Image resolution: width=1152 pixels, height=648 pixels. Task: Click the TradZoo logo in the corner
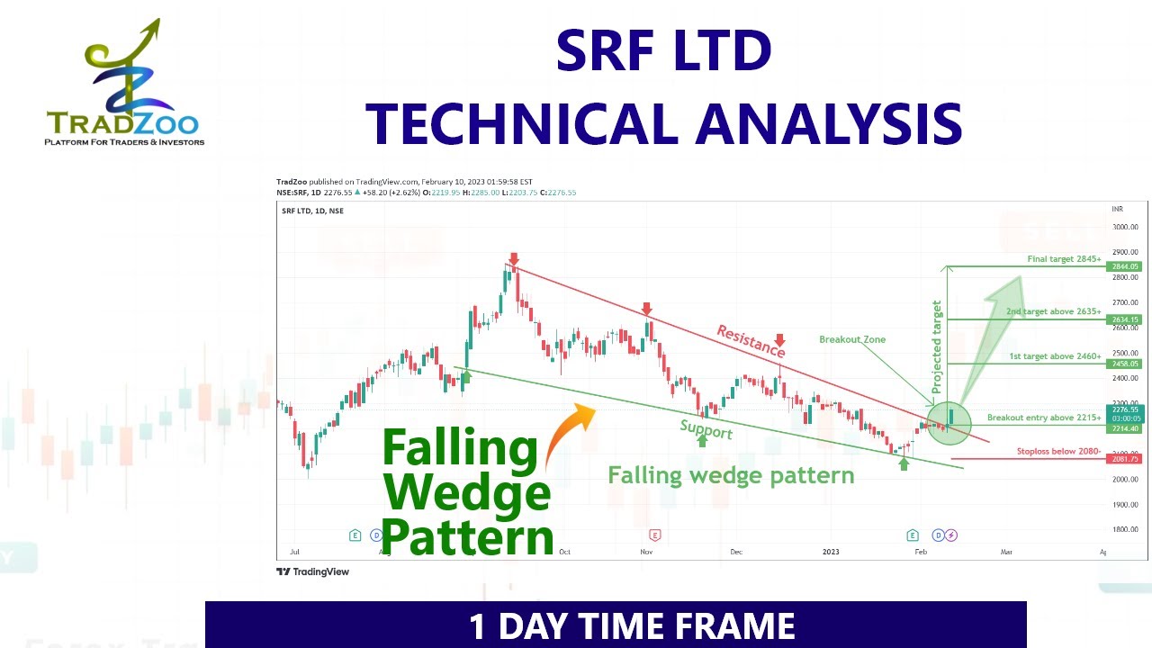[124, 85]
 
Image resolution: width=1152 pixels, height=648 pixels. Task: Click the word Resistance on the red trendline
[751, 341]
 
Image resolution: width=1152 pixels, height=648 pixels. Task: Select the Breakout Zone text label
[852, 339]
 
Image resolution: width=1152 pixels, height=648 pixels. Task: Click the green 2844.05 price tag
[1125, 266]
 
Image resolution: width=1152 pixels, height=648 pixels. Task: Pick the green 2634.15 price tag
[1125, 319]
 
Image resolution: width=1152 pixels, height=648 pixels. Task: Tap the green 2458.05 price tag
[1125, 364]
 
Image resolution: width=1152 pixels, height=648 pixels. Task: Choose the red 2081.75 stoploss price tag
[1125, 459]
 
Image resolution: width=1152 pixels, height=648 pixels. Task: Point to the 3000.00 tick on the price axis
[1126, 227]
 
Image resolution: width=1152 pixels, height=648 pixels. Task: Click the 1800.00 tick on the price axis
[1126, 529]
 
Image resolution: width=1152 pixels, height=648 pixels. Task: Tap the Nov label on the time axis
[646, 551]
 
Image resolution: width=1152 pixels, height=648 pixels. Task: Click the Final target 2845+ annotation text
[1064, 259]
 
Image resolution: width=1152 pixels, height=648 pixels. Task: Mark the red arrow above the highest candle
[514, 258]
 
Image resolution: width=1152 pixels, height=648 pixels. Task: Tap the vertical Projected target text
[936, 346]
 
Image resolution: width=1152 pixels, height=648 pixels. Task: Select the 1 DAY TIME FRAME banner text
[632, 626]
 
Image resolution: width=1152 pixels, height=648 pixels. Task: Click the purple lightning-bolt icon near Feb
[951, 535]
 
